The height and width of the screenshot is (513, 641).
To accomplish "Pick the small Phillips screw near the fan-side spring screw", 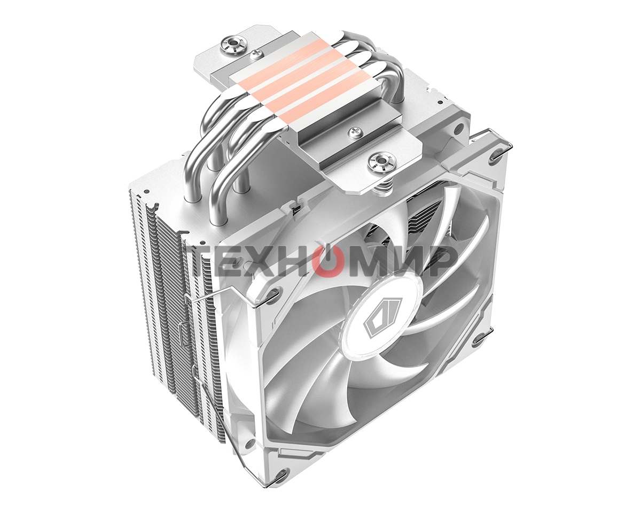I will pos(353,131).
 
